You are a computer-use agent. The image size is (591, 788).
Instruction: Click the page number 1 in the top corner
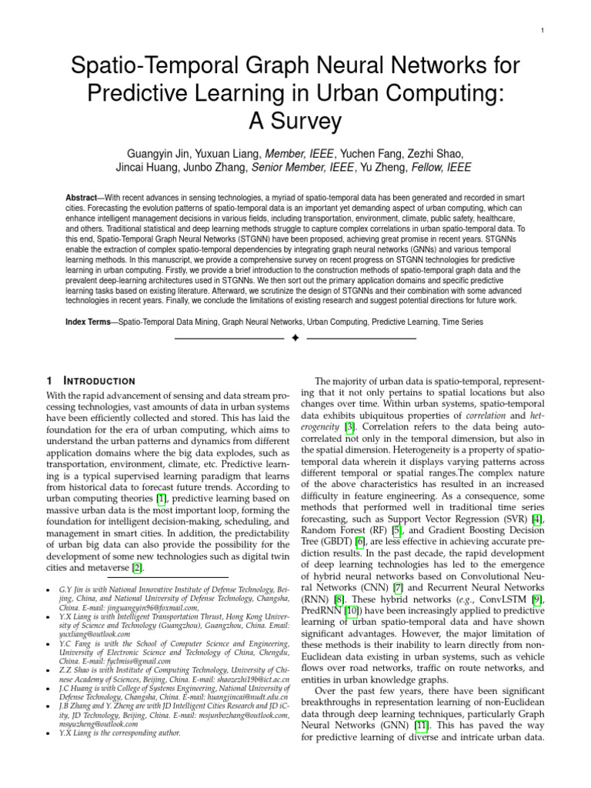point(543,30)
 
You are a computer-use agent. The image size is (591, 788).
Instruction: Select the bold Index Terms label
point(88,322)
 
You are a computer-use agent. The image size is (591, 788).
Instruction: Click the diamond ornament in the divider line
point(295,339)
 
